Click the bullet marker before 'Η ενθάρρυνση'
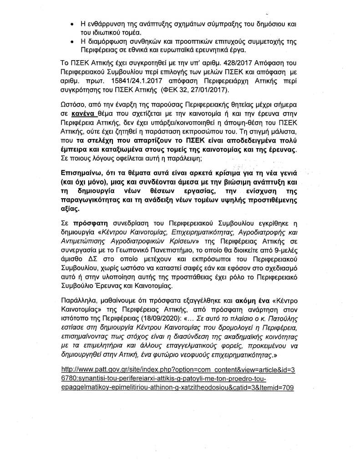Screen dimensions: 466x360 (67, 22)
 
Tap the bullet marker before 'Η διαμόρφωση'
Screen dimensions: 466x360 (67, 41)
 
